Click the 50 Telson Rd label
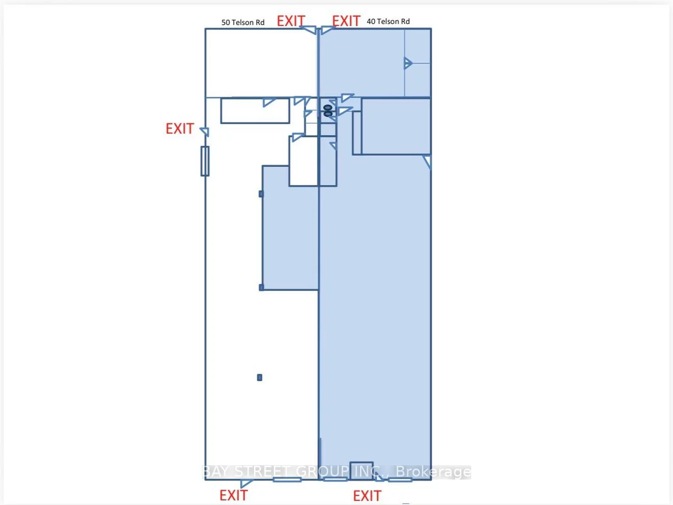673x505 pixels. tap(243, 22)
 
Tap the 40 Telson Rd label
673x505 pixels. tap(388, 21)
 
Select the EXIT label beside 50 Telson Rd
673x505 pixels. tap(291, 21)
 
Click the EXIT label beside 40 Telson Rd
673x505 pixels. tap(346, 21)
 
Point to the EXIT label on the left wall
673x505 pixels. tap(180, 128)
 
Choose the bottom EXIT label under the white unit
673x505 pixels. tap(233, 495)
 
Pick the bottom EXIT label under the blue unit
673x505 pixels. tap(367, 496)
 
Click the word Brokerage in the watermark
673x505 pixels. tap(433, 471)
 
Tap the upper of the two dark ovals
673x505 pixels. tap(328, 108)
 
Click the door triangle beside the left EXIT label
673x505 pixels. tap(205, 132)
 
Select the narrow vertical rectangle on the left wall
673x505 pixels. tap(205, 161)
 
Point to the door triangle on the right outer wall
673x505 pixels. tap(427, 162)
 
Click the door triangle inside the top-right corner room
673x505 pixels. tap(408, 63)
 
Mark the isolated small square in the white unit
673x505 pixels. tap(259, 378)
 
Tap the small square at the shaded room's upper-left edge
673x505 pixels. tap(261, 194)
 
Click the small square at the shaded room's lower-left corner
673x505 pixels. tap(261, 287)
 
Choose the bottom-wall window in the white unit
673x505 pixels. tap(287, 480)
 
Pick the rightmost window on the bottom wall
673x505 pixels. tap(400, 480)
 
